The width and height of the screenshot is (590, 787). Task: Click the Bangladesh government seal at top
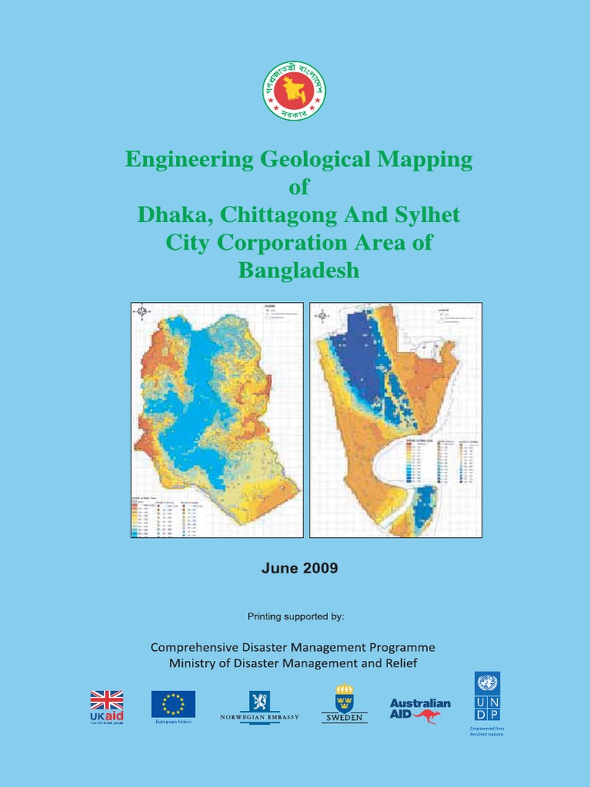(x=294, y=91)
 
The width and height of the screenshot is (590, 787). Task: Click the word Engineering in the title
(x=189, y=160)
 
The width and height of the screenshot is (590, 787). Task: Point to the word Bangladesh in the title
(x=299, y=271)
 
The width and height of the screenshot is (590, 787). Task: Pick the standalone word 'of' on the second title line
(x=300, y=188)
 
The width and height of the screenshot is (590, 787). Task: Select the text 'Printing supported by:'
(x=295, y=616)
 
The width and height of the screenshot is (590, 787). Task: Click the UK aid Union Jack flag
(x=107, y=700)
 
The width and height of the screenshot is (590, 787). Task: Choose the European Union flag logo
(x=173, y=704)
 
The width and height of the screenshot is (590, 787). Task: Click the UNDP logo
(x=487, y=697)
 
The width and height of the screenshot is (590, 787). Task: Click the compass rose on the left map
(x=141, y=311)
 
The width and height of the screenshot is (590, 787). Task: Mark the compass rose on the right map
(x=323, y=314)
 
